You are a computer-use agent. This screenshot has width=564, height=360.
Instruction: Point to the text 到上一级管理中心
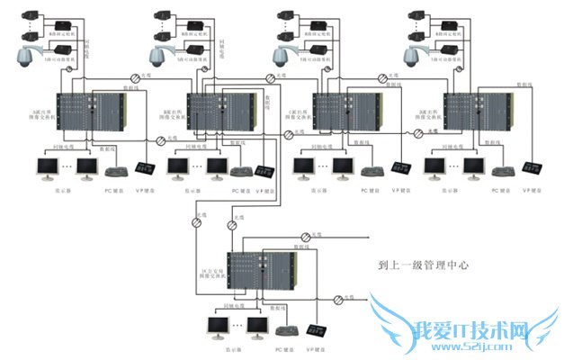pyautogui.click(x=425, y=266)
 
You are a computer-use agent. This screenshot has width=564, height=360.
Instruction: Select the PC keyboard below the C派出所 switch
pyautogui.click(x=371, y=171)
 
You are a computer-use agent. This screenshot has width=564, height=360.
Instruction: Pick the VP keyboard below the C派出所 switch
pyautogui.click(x=402, y=170)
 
